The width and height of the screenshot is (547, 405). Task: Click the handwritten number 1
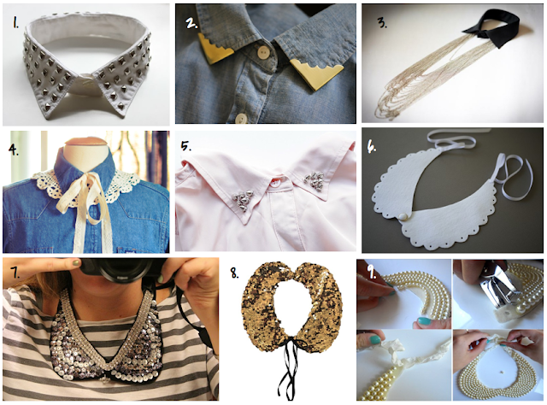coord(15,22)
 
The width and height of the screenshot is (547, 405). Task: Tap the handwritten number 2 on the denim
coord(192,22)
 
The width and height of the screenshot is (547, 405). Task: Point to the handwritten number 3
coord(382,23)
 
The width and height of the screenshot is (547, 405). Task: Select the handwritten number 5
coord(186,146)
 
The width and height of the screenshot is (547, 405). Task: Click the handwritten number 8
coord(235,273)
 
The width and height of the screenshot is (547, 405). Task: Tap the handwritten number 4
coord(14,150)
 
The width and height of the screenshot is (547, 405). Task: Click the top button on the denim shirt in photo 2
coord(262,52)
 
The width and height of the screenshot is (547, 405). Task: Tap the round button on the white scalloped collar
coord(403,217)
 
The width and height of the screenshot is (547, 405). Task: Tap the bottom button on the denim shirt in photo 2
coord(241,119)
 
